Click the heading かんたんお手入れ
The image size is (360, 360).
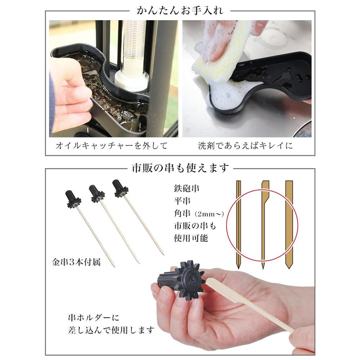point(180,10)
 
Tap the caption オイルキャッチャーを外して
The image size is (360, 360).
point(112,145)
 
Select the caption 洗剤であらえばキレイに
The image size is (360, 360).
point(246,145)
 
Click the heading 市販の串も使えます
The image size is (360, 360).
point(180,168)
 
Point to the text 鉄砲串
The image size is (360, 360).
point(186,189)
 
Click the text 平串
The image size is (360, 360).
point(182,201)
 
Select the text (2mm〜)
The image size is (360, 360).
point(209,214)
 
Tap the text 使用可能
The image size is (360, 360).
point(191,238)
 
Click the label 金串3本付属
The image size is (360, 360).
point(76,262)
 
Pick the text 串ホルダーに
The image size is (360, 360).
point(94,318)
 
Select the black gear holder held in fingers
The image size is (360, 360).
point(181,280)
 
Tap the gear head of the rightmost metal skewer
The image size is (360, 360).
point(120,188)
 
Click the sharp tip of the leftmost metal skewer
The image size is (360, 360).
point(114,267)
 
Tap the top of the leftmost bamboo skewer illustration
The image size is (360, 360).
point(239,181)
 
